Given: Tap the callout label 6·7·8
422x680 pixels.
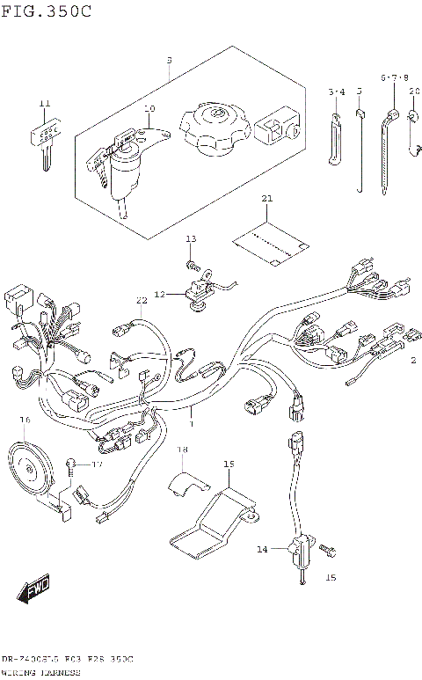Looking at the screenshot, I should pos(394,78).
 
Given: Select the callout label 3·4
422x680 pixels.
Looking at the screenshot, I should pos(337,91).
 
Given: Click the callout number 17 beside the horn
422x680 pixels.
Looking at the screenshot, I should pos(97,464).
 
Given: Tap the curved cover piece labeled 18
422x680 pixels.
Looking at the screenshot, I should pos(187,479).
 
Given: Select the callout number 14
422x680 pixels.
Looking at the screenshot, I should pos(262,549).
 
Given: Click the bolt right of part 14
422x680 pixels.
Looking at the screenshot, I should pos(327,550).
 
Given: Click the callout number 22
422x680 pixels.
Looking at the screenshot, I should pos(142,301).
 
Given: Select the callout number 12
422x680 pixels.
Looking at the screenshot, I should pos(160,294).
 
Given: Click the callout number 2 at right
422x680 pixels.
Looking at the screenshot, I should pos(411,359).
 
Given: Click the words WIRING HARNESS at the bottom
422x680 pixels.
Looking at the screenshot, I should pos(40,672).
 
